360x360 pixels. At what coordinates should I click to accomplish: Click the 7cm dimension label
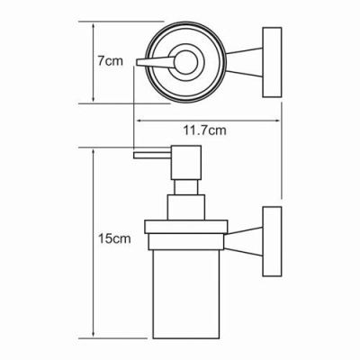(110, 61)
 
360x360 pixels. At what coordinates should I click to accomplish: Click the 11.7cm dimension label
(204, 130)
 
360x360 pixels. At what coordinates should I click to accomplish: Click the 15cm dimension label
(114, 238)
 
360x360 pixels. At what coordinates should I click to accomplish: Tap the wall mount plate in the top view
(272, 62)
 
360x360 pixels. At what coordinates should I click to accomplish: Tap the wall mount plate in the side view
(272, 241)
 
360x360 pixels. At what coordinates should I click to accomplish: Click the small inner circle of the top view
(186, 62)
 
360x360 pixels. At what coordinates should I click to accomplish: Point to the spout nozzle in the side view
(152, 156)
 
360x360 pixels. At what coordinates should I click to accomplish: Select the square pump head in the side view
(186, 163)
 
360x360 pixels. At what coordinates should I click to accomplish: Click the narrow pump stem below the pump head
(186, 187)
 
